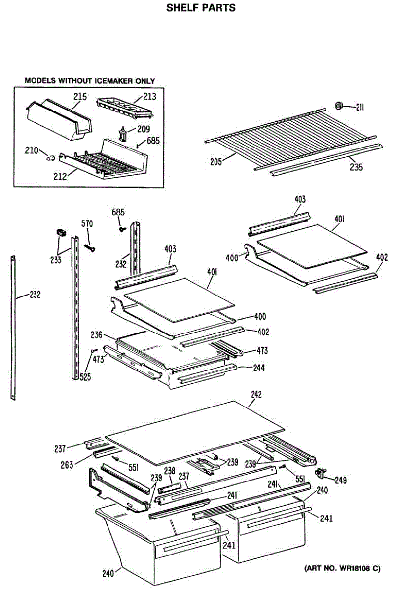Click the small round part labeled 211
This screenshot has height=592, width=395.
(339, 105)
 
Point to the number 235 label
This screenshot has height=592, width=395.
(356, 168)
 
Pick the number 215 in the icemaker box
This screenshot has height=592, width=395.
(80, 97)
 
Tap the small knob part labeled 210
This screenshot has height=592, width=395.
(50, 157)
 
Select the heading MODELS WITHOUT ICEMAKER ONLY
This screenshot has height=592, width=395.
(90, 81)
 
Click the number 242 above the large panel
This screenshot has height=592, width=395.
(256, 395)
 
